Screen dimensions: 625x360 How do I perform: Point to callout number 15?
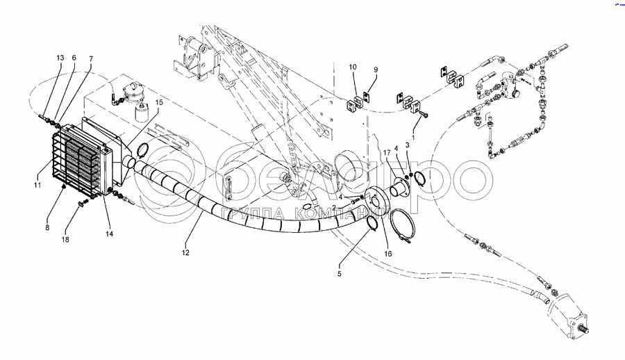pyautogui.click(x=159, y=102)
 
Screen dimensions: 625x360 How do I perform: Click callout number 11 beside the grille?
pyautogui.click(x=38, y=186)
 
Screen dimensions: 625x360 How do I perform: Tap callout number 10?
pyautogui.click(x=353, y=67)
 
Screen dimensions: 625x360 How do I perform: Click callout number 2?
pyautogui.click(x=333, y=207)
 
